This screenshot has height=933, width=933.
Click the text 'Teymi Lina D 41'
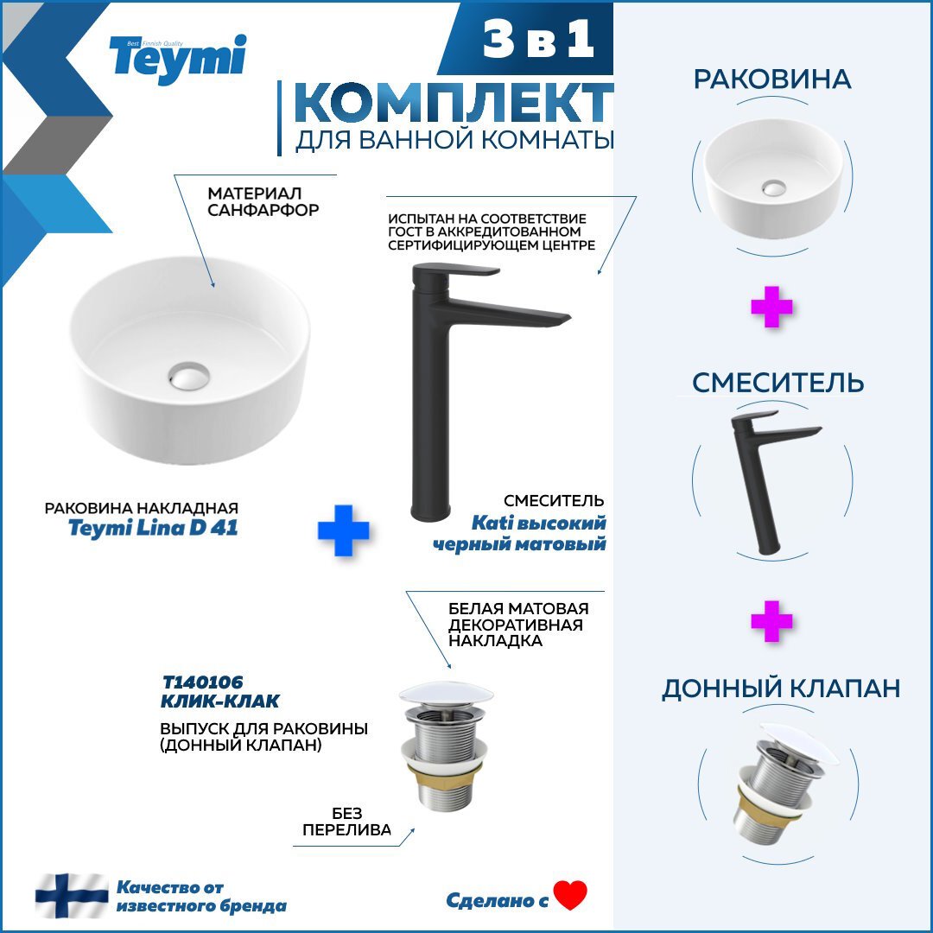[x=153, y=528]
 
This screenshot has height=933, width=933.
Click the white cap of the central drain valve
[x=446, y=694]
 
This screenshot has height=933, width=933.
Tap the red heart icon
[x=570, y=896]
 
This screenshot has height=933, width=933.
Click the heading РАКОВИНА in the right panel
[x=772, y=79]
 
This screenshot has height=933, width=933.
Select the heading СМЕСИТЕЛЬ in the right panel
[x=777, y=382]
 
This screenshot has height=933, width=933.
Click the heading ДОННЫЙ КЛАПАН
[x=781, y=688]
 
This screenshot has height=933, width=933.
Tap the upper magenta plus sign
[x=771, y=308]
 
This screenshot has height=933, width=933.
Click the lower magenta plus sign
[x=771, y=621]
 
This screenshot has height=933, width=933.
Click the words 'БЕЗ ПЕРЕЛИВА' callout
[x=346, y=821]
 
